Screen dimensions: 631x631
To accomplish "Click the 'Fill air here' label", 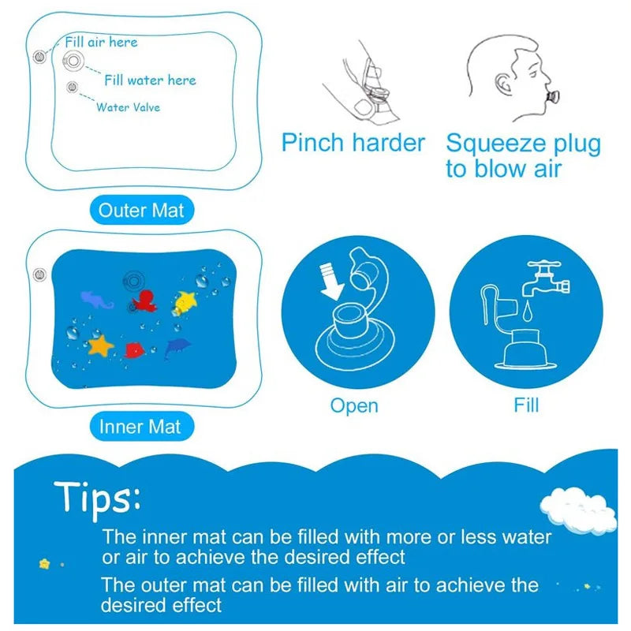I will coord(101,42).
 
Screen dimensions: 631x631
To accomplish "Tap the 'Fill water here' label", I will coord(150,80).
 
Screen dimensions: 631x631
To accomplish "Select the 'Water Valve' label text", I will coord(128,106).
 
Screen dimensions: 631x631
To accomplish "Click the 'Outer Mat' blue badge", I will coord(141,211).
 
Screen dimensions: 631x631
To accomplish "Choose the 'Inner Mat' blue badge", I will coord(140,427).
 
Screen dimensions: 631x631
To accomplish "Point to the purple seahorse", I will coord(97,298).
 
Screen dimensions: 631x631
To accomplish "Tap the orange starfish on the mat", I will coord(102,345).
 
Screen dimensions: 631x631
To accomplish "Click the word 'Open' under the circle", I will coord(354,405).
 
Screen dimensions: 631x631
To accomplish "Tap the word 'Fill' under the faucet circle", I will coord(526,405).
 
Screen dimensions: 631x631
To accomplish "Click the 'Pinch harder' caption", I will coord(353,144).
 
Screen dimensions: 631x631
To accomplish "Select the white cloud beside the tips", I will coord(579,509).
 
